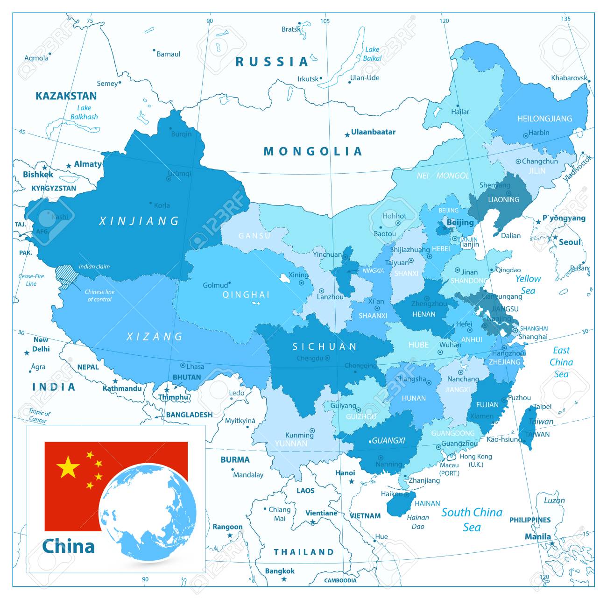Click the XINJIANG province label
tap(139, 221)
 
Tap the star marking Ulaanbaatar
tap(347, 135)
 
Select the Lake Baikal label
tap(372, 54)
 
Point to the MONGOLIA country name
tap(313, 151)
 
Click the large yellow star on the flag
tap(68, 467)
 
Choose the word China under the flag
tap(68, 546)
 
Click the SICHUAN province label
tap(325, 346)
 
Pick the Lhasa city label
tap(195, 366)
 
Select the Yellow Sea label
tap(528, 284)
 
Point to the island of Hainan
tap(401, 505)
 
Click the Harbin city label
tap(539, 133)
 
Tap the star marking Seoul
tap(555, 238)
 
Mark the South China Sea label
tap(472, 519)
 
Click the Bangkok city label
tap(280, 571)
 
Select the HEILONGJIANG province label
tap(544, 119)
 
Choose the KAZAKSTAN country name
tap(66, 96)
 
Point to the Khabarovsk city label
tap(569, 78)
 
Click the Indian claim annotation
tap(94, 267)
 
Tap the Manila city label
tap(538, 536)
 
